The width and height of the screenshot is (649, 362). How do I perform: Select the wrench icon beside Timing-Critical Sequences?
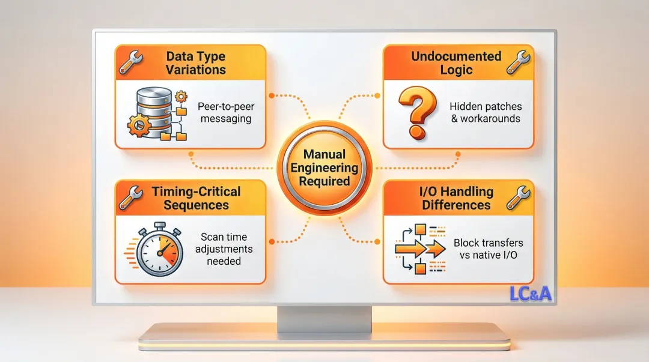(x=130, y=197)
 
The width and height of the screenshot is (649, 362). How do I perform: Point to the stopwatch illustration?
(x=157, y=249)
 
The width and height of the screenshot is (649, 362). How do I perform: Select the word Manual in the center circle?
(x=324, y=155)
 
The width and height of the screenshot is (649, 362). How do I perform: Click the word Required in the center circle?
(x=324, y=181)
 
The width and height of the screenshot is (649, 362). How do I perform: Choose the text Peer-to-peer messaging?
(x=225, y=112)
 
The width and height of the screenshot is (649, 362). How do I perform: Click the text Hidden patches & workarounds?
(x=486, y=112)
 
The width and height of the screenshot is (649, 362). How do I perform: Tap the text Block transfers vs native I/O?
(x=488, y=249)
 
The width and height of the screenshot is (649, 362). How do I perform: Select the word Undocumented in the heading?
(x=456, y=56)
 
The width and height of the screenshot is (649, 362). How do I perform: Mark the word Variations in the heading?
(x=196, y=69)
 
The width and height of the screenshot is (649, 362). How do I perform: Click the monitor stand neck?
(x=324, y=316)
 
